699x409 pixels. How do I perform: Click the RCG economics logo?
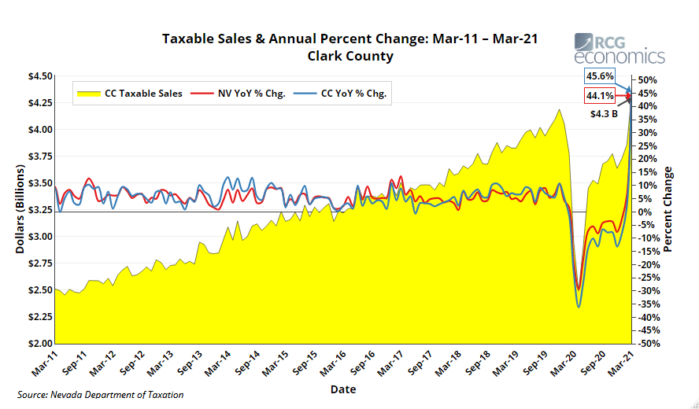click(x=619, y=49)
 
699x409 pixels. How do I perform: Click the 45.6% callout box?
click(x=599, y=76)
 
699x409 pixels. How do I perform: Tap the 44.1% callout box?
click(x=599, y=96)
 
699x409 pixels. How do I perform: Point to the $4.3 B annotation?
click(x=605, y=113)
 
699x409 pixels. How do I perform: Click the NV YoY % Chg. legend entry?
click(x=243, y=93)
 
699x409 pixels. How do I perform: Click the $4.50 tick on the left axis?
click(x=41, y=76)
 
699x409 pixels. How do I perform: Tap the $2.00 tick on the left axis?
click(x=41, y=344)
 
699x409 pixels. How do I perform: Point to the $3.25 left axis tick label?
click(x=41, y=210)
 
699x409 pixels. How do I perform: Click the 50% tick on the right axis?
click(x=647, y=80)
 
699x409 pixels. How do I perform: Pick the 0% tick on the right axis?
click(x=644, y=212)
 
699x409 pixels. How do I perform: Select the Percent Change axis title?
click(x=668, y=209)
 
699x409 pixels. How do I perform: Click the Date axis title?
click(x=342, y=389)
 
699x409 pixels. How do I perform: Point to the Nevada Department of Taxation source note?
click(x=101, y=395)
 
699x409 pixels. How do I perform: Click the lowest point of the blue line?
click(x=579, y=307)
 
